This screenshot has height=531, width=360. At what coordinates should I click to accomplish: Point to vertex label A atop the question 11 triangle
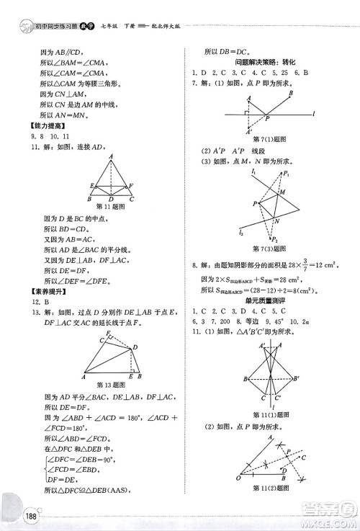(x=112, y=156)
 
